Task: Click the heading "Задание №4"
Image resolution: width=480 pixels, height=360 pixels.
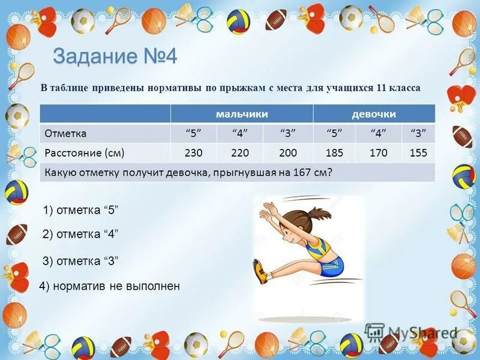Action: click(x=115, y=57)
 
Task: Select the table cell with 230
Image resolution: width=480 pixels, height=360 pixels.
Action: click(x=194, y=153)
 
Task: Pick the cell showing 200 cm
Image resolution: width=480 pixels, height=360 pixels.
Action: click(x=288, y=153)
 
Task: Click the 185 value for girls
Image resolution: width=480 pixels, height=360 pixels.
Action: click(x=334, y=153)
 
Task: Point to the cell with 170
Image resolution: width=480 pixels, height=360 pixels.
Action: click(x=378, y=153)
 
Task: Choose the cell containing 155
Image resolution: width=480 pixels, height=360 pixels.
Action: click(x=418, y=153)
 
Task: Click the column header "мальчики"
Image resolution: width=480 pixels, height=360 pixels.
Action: click(x=242, y=114)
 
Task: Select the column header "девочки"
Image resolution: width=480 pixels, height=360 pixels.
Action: click(x=374, y=114)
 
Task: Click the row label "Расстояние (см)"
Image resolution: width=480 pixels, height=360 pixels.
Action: click(x=85, y=153)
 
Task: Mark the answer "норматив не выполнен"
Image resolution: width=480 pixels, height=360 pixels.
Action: click(x=109, y=286)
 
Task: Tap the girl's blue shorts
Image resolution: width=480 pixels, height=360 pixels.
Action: click(x=331, y=265)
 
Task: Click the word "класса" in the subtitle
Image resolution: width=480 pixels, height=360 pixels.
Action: click(x=405, y=88)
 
